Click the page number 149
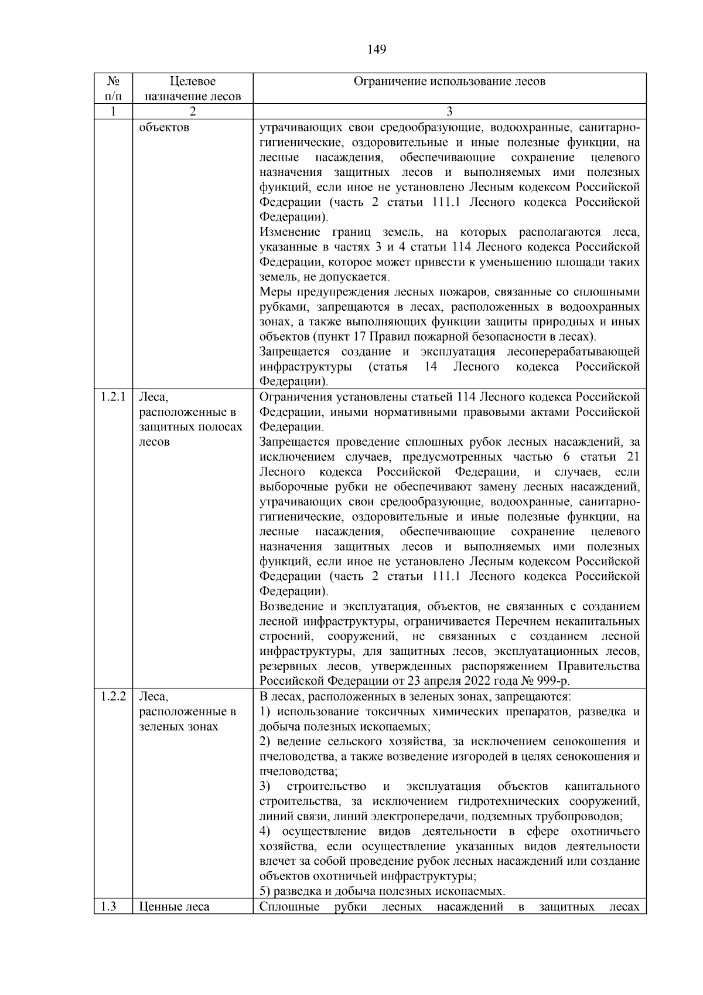[x=377, y=50]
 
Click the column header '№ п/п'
[x=114, y=89]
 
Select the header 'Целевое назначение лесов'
[x=193, y=89]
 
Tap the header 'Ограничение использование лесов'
[x=449, y=81]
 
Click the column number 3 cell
[x=449, y=111]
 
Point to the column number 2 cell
[x=193, y=111]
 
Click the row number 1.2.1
[x=113, y=397]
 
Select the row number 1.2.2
[x=113, y=697]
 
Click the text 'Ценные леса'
[x=174, y=907]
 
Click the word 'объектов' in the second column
[x=164, y=127]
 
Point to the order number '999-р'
[x=554, y=681]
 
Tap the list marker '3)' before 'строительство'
[x=265, y=786]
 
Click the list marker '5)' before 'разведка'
[x=265, y=891]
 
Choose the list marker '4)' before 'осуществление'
[x=265, y=831]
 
